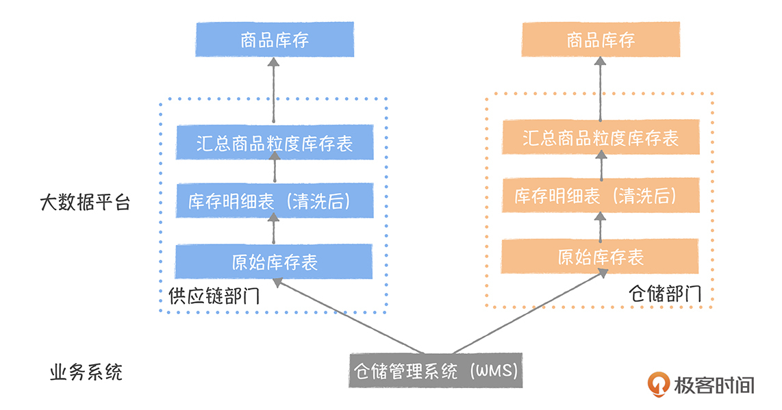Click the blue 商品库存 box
click(275, 40)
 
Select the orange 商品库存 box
click(601, 40)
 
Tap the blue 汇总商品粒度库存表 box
click(275, 142)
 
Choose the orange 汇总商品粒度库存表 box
click(601, 138)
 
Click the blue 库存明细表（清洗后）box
click(275, 201)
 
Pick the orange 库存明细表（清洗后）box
click(601, 196)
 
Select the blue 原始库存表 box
click(275, 261)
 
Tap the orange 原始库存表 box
click(601, 256)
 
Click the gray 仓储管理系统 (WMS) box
click(436, 370)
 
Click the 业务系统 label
click(87, 373)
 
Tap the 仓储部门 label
click(665, 294)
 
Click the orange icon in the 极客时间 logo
click(658, 384)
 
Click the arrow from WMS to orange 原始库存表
click(527, 312)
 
